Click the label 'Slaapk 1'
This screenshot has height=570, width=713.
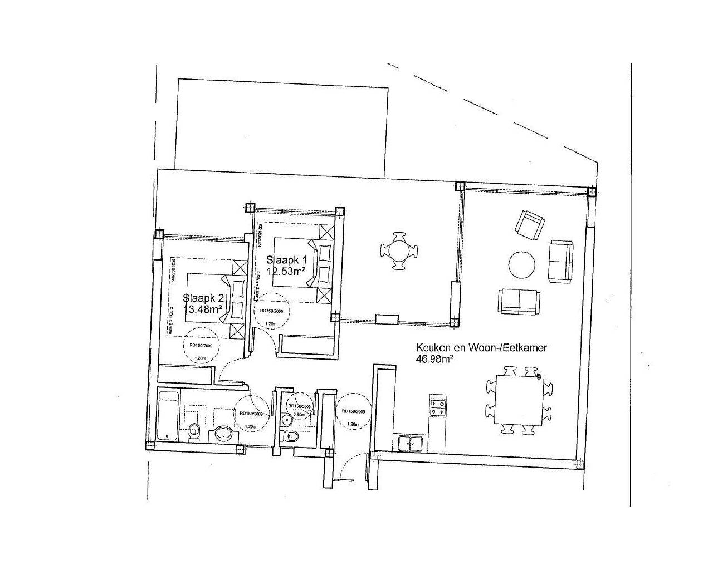286,259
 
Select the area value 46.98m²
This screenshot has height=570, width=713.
434,359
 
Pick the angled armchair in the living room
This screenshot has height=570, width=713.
530,224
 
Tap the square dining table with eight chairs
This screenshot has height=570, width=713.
520,400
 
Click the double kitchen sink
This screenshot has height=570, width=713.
411,443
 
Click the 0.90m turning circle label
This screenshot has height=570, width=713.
299,414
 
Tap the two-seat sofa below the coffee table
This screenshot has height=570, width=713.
518,301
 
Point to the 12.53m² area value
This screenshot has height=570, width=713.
286,271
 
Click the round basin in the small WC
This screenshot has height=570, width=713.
286,419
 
